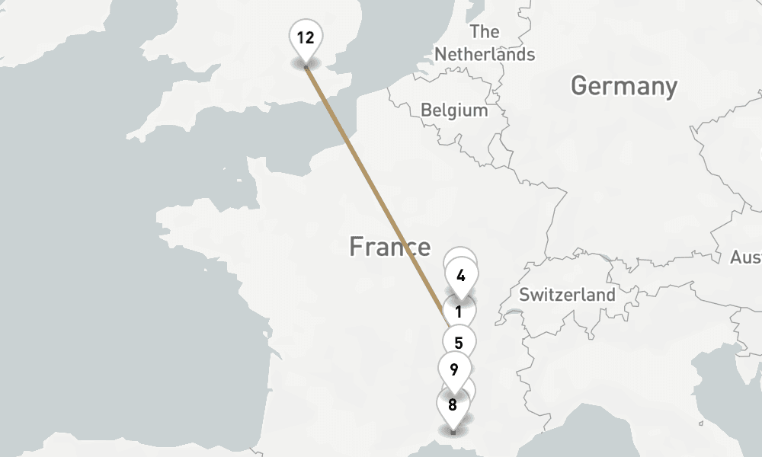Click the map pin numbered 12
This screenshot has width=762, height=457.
coord(306,37)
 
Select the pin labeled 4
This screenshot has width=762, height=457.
coord(461,276)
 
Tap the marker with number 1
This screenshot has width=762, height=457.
coord(459,312)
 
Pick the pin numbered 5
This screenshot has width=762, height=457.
coord(459,343)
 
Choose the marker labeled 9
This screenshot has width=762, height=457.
coord(454,370)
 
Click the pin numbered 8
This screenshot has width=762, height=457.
coord(453,404)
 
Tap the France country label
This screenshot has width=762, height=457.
coord(389,247)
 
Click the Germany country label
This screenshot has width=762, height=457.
coord(623,86)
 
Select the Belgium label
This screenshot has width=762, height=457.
coord(454,110)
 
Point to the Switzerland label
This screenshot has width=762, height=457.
coord(567,295)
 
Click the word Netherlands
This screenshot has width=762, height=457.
coord(485,55)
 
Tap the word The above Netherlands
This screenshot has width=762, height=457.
coord(485,32)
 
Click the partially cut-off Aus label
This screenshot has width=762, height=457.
coord(746,257)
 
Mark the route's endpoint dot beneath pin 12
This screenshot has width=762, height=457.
coord(306,68)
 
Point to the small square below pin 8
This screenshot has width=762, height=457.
coord(453,433)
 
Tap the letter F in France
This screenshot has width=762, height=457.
coord(356,247)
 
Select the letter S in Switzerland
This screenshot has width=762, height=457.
coord(524,295)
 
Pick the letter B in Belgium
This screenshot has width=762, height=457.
coord(425,110)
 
